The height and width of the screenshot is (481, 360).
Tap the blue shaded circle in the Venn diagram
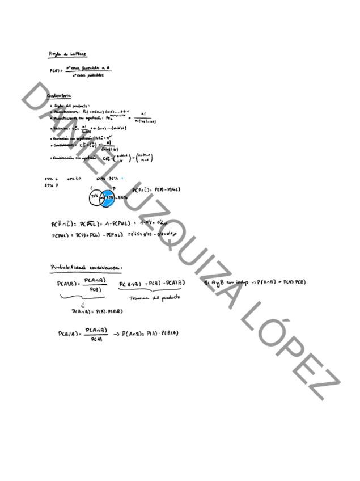(x=107, y=198)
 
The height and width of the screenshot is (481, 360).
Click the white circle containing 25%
(x=95, y=197)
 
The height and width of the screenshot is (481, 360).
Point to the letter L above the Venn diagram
(x=92, y=187)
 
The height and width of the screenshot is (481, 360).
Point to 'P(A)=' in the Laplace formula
(x=57, y=71)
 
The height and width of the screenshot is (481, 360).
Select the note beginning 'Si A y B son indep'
(x=255, y=282)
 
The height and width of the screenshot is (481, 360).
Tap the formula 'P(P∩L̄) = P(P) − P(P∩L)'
(x=156, y=189)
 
